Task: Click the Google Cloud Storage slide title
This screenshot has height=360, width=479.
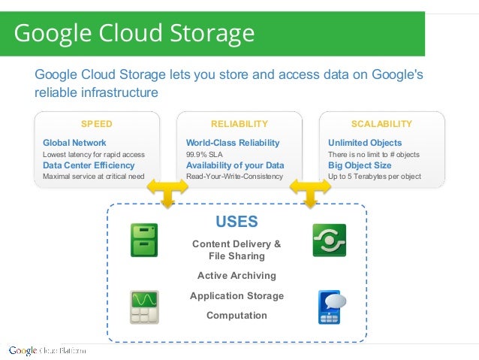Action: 134,34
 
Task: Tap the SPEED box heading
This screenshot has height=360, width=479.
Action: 97,123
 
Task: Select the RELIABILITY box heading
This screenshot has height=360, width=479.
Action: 239,123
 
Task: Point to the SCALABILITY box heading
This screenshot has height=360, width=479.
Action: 381,123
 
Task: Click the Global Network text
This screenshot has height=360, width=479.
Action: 74,143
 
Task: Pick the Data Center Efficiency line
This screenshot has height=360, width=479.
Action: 89,165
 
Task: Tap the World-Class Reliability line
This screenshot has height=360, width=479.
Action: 233,143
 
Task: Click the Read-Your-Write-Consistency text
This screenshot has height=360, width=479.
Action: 235,177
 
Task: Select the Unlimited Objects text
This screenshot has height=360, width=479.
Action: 365,143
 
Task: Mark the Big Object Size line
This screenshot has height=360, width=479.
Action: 360,165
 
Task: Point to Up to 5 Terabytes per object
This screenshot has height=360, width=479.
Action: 375,177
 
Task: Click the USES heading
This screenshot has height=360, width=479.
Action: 236,222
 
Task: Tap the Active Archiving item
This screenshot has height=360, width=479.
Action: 236,276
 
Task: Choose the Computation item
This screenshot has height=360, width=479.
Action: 236,316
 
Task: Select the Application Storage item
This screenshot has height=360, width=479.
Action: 236,296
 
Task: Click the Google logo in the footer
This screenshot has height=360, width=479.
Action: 23,350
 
